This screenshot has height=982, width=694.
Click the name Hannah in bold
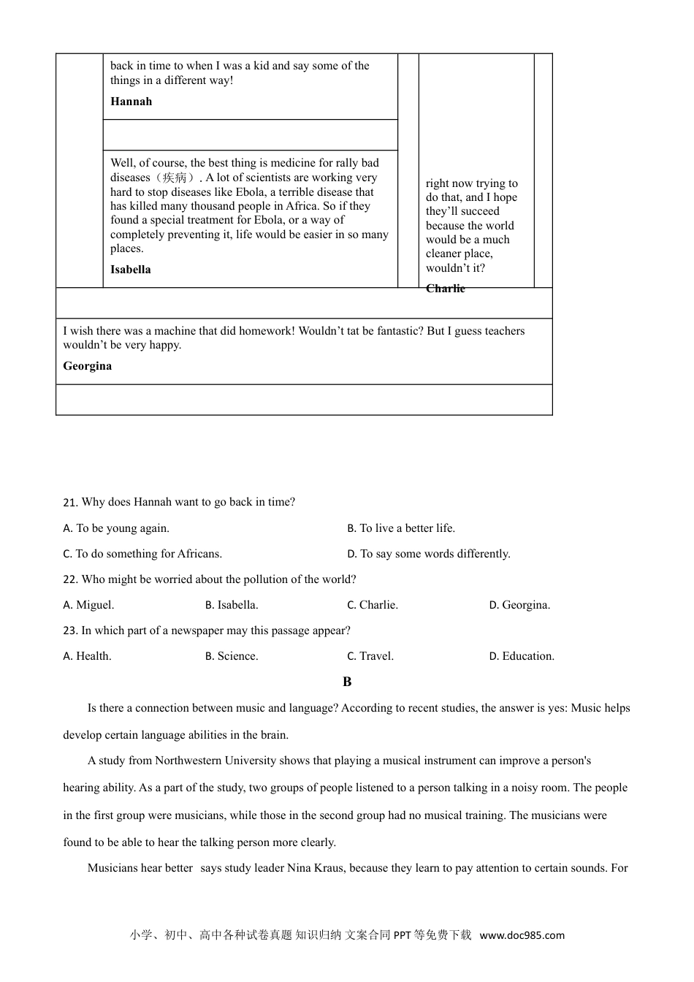(x=131, y=102)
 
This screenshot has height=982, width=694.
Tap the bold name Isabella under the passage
(x=131, y=270)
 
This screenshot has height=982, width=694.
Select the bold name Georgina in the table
(x=88, y=366)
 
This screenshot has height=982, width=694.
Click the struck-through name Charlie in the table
(x=446, y=289)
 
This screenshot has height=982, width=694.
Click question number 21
(x=70, y=503)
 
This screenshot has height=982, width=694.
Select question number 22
(x=70, y=579)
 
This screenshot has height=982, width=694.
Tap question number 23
(x=70, y=631)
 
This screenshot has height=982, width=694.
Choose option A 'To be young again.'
(x=116, y=528)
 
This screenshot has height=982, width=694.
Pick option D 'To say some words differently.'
(x=429, y=554)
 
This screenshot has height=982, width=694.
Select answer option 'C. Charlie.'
(x=373, y=605)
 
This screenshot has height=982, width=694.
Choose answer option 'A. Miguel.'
(x=88, y=605)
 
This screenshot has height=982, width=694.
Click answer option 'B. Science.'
(x=232, y=656)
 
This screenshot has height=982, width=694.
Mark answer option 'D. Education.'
(x=522, y=656)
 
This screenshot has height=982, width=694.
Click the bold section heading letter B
(x=347, y=682)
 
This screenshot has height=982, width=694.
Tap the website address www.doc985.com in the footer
(x=522, y=935)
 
